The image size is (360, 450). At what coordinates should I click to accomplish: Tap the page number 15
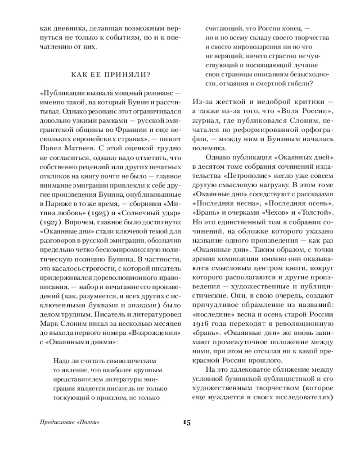point(187,422)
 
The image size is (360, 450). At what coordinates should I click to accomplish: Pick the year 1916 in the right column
point(202,323)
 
